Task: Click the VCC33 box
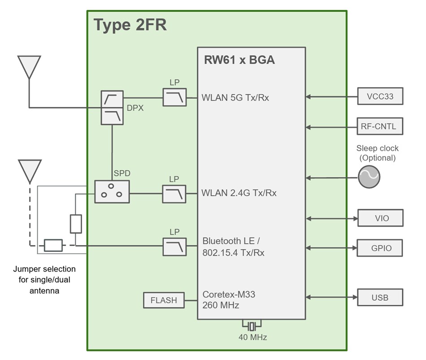[x=380, y=96]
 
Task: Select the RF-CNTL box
[x=380, y=127]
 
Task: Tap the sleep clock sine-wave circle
[x=369, y=177]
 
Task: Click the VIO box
[x=380, y=218]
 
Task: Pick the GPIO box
[x=380, y=247]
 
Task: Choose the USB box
[x=380, y=297]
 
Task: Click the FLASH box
[x=164, y=300]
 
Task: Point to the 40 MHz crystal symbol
[x=252, y=325]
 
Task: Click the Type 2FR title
[x=130, y=25]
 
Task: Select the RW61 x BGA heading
[x=239, y=60]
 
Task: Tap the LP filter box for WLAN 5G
[x=174, y=97]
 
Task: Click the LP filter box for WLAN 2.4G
[x=174, y=193]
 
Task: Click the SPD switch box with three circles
[x=112, y=192]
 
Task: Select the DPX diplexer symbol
[x=112, y=108]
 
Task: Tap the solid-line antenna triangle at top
[x=29, y=67]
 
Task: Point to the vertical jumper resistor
[x=76, y=224]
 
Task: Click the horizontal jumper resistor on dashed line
[x=53, y=246]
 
